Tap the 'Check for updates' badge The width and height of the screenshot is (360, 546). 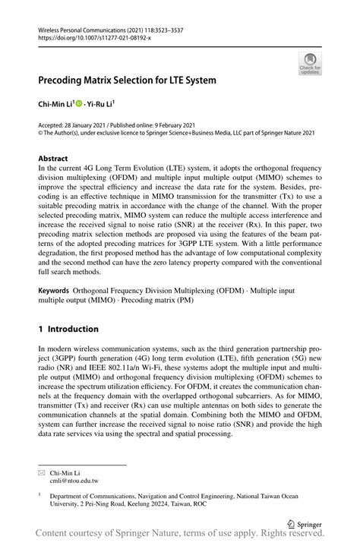coord(310,63)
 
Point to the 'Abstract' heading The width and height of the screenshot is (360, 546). coord(53,159)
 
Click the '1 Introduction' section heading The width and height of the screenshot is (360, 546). coord(68,329)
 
